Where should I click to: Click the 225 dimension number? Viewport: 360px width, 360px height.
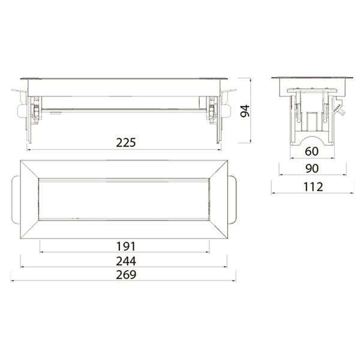(126, 143)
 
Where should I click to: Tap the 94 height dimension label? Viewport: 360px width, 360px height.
(245, 111)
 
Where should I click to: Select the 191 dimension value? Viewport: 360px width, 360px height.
(126, 247)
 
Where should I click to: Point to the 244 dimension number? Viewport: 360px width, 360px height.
(126, 261)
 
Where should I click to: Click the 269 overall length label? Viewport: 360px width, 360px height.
(126, 275)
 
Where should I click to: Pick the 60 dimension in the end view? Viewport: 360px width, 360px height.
(312, 151)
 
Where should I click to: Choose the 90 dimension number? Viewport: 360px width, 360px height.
(312, 169)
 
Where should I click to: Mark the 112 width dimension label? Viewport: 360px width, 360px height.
(313, 187)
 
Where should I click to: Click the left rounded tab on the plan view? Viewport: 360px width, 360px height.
(16, 200)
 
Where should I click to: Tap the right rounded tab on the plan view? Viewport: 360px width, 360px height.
(232, 200)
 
